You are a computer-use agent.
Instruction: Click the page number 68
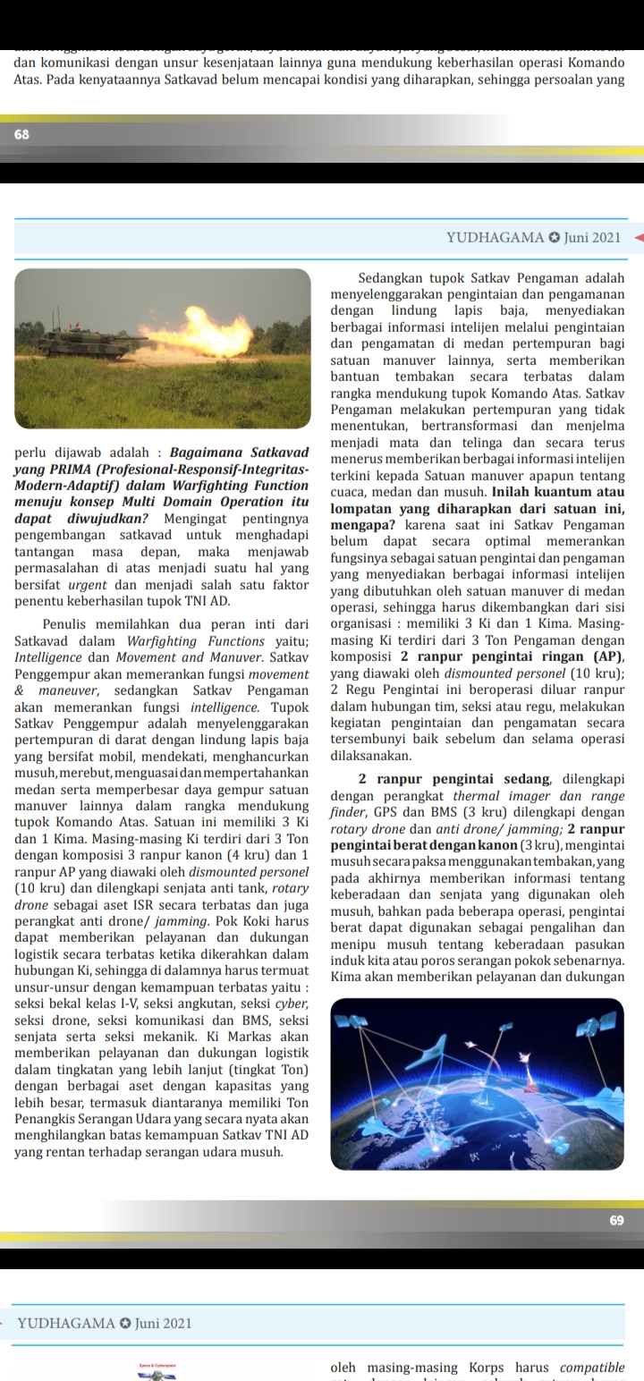click(x=21, y=134)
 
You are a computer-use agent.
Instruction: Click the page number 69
click(x=616, y=1219)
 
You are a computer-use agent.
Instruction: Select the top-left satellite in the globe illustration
click(x=355, y=1022)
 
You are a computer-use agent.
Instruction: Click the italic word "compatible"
click(x=591, y=1368)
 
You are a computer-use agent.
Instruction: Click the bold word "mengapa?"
click(x=362, y=526)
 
